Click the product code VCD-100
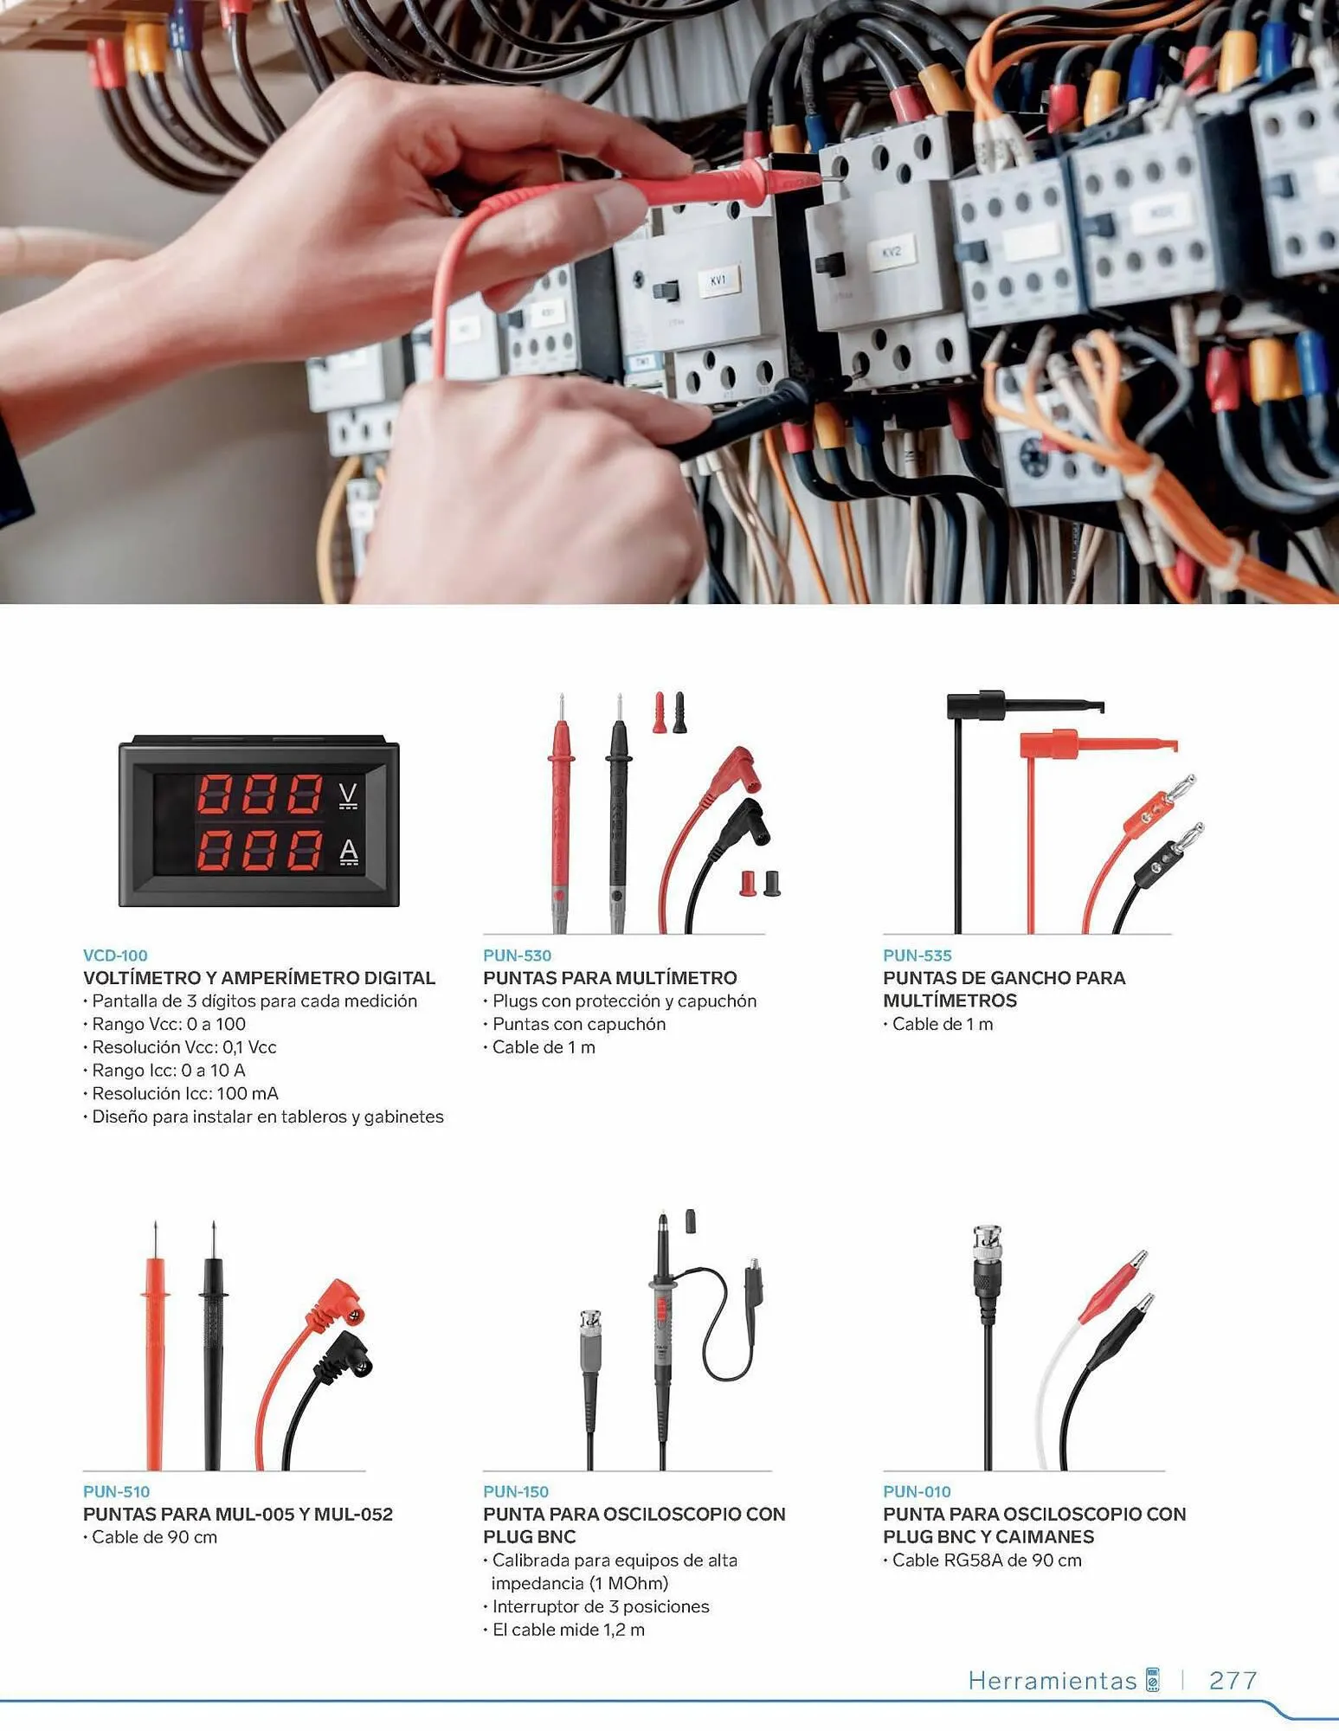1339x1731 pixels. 115,956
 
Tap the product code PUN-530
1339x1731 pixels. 517,956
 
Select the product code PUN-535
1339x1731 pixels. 917,956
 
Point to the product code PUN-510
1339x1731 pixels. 116,1491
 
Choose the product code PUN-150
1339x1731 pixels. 516,1491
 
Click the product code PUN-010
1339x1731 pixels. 917,1491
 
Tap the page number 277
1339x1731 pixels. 1233,1680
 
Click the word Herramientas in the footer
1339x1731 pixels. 1052,1680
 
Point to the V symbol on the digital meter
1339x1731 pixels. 348,794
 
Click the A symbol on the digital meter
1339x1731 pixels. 348,852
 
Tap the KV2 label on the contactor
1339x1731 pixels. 892,253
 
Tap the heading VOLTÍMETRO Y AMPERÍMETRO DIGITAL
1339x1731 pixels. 259,978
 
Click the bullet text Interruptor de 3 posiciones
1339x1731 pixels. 601,1606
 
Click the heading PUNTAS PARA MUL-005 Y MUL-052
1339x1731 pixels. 238,1514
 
